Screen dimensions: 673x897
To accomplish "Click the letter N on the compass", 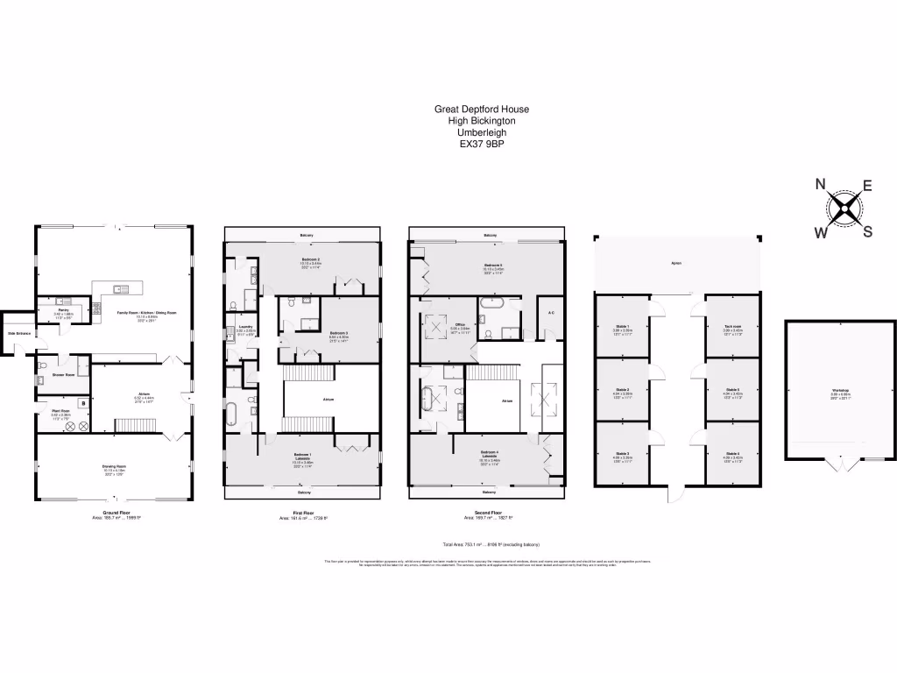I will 821,184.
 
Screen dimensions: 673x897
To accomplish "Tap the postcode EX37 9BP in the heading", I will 482,144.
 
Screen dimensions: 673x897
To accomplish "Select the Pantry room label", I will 64,310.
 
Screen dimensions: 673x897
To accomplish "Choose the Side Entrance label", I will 18,334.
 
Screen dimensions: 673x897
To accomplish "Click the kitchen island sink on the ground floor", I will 121,288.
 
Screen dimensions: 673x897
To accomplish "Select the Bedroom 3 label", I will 339,333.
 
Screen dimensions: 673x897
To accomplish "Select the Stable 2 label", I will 623,389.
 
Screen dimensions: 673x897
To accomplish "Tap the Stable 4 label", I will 732,453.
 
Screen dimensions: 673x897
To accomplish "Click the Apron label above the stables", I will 676,263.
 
